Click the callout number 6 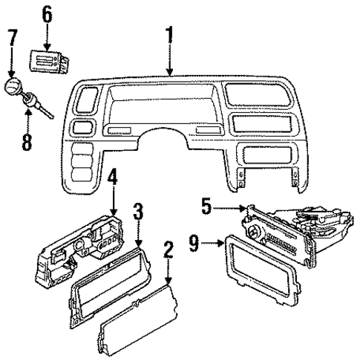48,14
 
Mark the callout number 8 27,140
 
